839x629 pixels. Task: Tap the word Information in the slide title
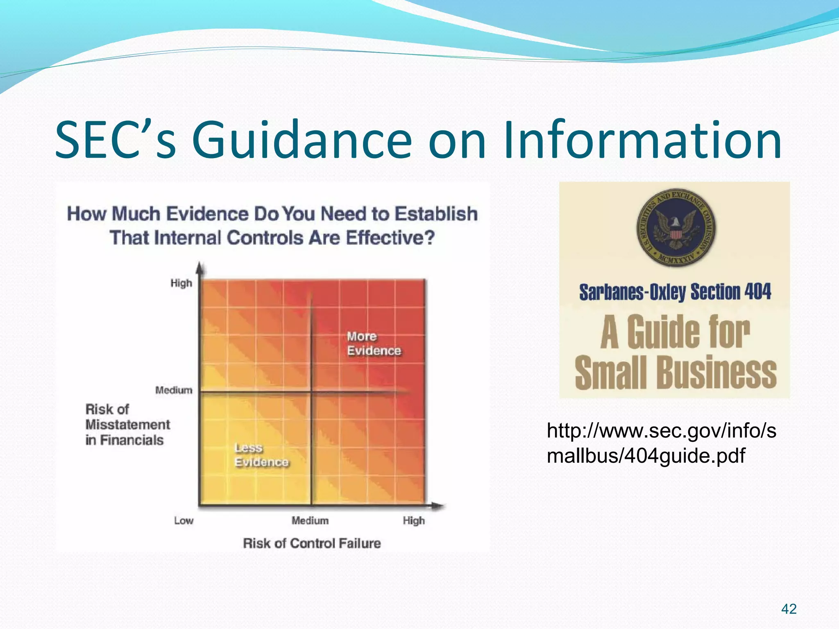[x=642, y=140]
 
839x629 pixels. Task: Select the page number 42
[x=789, y=609]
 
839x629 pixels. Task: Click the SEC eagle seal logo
[x=675, y=228]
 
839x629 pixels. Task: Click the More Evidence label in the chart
[x=373, y=344]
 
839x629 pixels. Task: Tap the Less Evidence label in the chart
[x=261, y=455]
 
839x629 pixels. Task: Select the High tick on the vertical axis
[x=181, y=283]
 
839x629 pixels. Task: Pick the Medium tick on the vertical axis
[x=174, y=390]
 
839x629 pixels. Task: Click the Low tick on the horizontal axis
[x=184, y=521]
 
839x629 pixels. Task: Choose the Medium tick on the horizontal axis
[x=310, y=521]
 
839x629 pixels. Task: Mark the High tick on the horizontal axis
[x=414, y=521]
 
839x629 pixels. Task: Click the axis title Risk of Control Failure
[x=312, y=543]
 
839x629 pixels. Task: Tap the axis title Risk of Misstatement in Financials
[x=127, y=425]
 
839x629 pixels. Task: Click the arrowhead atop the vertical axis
[x=200, y=268]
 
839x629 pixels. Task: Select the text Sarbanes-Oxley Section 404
[x=675, y=292]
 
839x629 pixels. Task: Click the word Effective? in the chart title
[x=390, y=238]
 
